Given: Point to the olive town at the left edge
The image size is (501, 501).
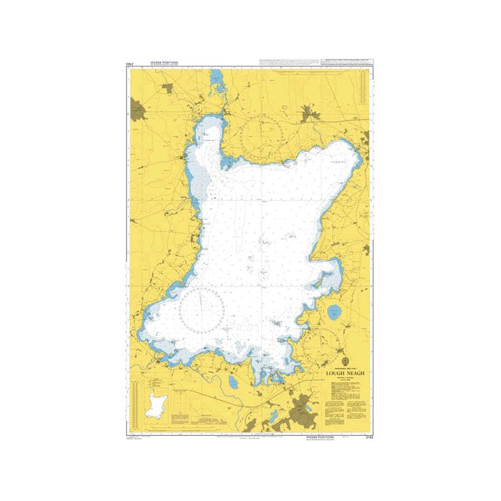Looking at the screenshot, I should (x=137, y=112).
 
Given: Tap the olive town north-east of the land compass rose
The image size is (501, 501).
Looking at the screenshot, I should (x=311, y=112).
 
